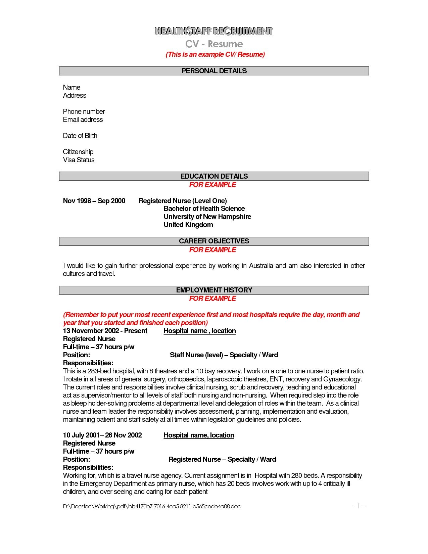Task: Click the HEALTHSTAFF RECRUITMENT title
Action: pyautogui.click(x=213, y=31)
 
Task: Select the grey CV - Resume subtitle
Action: pyautogui.click(x=214, y=44)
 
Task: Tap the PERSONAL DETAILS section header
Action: pyautogui.click(x=214, y=71)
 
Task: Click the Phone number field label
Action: pyautogui.click(x=84, y=111)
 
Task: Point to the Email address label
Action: pyautogui.click(x=83, y=120)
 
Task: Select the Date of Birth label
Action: pyautogui.click(x=80, y=136)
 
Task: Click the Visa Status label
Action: pyautogui.click(x=79, y=160)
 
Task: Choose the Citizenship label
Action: pyautogui.click(x=78, y=152)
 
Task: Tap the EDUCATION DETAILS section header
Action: pyautogui.click(x=214, y=176)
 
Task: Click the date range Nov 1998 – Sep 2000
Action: pyautogui.click(x=94, y=201)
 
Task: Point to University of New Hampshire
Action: pyautogui.click(x=207, y=217)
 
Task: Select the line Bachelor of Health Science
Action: pyautogui.click(x=204, y=209)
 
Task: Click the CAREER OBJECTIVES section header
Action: pyautogui.click(x=214, y=241)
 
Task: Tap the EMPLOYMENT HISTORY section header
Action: pyautogui.click(x=214, y=290)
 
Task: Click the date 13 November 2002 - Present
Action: pyautogui.click(x=105, y=331)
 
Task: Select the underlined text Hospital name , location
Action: pyautogui.click(x=200, y=331)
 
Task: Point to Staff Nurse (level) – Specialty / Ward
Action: pyautogui.click(x=224, y=355)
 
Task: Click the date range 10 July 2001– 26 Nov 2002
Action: pyautogui.click(x=102, y=435)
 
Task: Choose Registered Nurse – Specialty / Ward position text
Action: pyautogui.click(x=222, y=459)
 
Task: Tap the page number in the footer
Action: pyautogui.click(x=359, y=506)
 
